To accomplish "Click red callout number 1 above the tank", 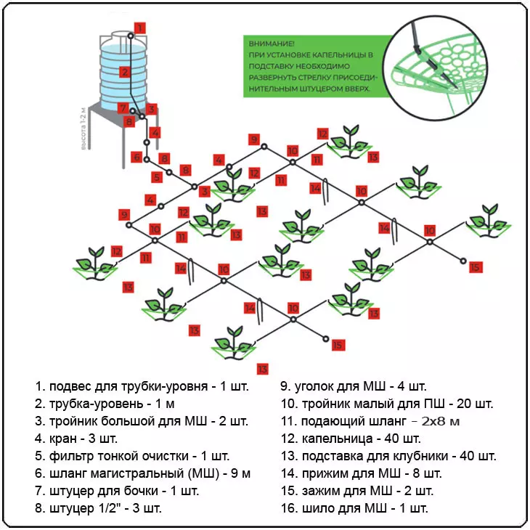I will pyautogui.click(x=140, y=28).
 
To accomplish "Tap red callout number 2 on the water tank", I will pyautogui.click(x=124, y=72).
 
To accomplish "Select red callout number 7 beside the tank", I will pyautogui.click(x=122, y=107).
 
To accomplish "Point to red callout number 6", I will pyautogui.click(x=136, y=156).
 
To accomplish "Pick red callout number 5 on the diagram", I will pyautogui.click(x=157, y=177).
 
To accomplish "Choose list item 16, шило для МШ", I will pyautogui.click(x=354, y=507).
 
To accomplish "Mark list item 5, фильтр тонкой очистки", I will pyautogui.click(x=132, y=456).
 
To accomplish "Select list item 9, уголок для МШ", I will pyautogui.click(x=354, y=386).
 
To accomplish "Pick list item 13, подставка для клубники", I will pyautogui.click(x=388, y=456).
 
